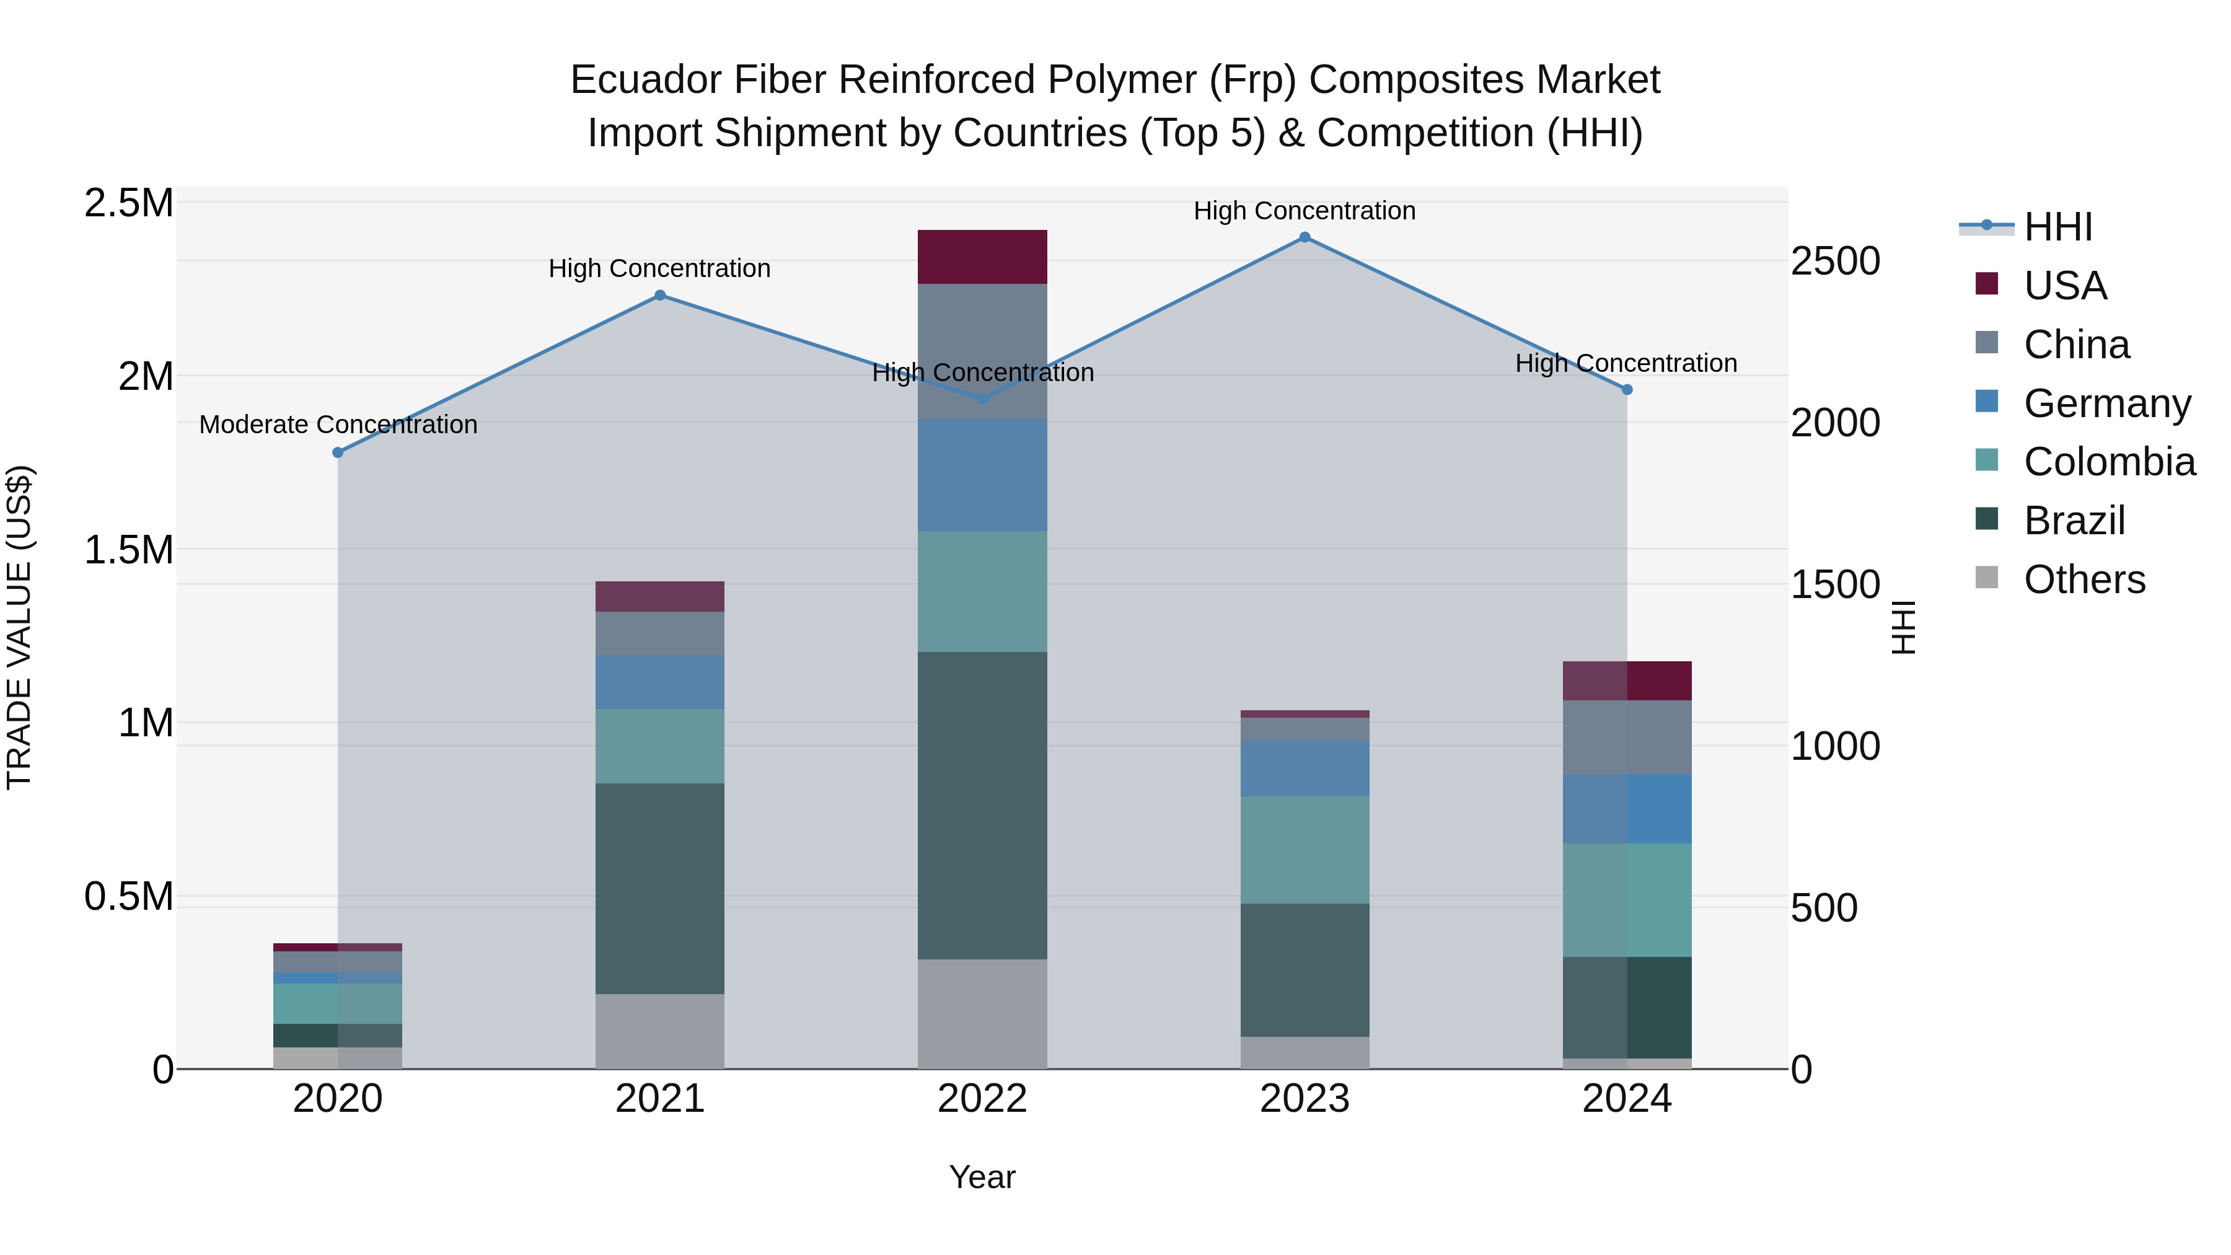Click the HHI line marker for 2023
coord(1305,237)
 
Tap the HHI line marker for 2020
coord(338,453)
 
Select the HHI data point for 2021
coord(660,296)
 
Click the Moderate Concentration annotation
coord(338,425)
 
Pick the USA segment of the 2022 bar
coord(982,257)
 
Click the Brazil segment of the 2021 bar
coord(660,889)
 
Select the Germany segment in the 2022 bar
coord(982,475)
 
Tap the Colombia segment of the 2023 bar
coord(1305,850)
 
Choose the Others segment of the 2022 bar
coord(982,1013)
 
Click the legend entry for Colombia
coord(2109,462)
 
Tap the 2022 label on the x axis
coord(982,1099)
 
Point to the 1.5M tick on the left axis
coord(129,550)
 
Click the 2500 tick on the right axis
coord(1835,262)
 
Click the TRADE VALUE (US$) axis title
coord(19,627)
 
